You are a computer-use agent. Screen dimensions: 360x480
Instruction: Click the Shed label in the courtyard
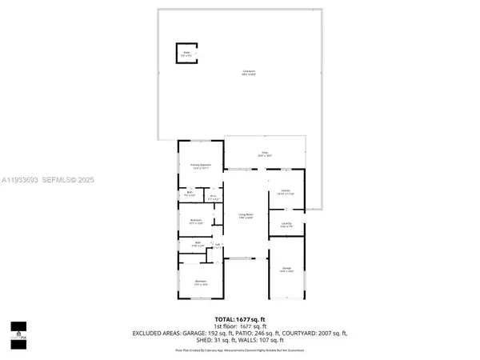point(186,54)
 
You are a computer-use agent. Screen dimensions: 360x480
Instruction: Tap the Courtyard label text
point(249,73)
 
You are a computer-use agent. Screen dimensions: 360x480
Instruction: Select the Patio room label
point(264,154)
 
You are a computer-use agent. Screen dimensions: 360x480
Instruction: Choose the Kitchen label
point(286,192)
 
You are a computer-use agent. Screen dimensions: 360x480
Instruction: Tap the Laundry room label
point(286,225)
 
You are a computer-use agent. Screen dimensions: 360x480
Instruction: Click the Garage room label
point(286,270)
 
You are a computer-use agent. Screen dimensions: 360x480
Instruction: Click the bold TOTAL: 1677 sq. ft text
point(240,318)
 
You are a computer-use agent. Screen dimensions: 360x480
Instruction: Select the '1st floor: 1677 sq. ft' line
point(240,326)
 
